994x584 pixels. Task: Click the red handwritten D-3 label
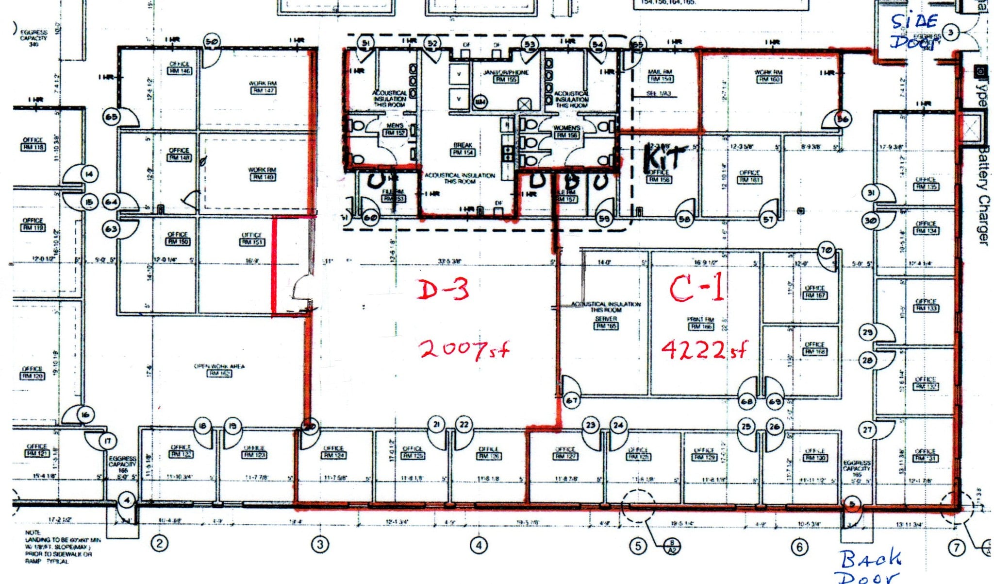(443, 290)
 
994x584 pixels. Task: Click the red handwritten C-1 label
(697, 288)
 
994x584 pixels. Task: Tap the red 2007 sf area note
(464, 349)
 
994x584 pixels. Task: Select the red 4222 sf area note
(704, 348)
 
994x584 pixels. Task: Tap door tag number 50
(212, 42)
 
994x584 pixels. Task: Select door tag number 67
(572, 400)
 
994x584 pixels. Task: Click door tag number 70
(826, 250)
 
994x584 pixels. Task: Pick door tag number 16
(85, 414)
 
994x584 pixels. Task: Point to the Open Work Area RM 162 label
(219, 370)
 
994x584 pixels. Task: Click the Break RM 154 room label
(463, 149)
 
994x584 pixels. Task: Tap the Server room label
(606, 322)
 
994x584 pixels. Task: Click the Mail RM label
(660, 75)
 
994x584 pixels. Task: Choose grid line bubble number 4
(479, 545)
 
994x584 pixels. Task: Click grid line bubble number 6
(799, 547)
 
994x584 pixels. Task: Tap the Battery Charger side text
(983, 194)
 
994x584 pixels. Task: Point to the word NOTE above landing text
(33, 532)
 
